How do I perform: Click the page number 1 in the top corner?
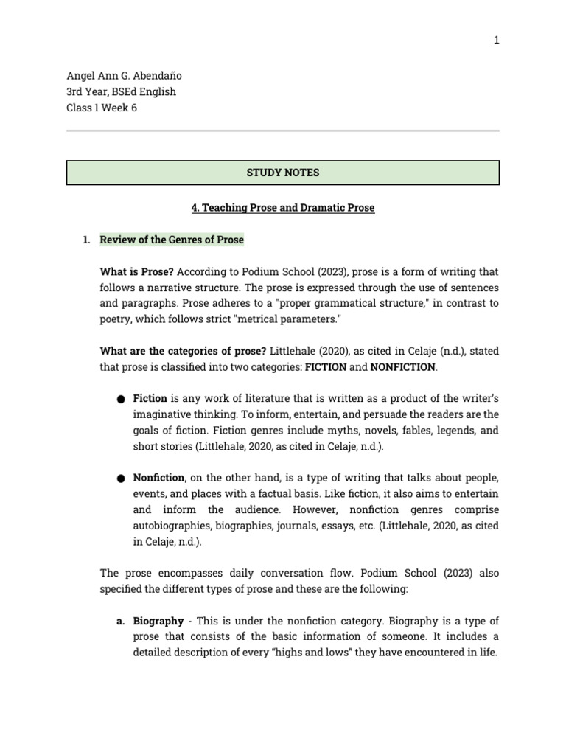click(497, 41)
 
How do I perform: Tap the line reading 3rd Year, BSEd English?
click(121, 92)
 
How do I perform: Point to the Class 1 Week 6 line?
click(102, 108)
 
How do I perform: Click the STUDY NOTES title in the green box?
click(283, 173)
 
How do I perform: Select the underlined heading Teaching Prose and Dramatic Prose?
click(283, 208)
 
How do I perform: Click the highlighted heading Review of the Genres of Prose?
click(172, 240)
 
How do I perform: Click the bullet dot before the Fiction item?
click(121, 399)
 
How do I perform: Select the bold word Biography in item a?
click(158, 622)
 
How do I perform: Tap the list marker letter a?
click(119, 622)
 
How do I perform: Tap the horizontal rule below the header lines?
click(283, 131)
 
